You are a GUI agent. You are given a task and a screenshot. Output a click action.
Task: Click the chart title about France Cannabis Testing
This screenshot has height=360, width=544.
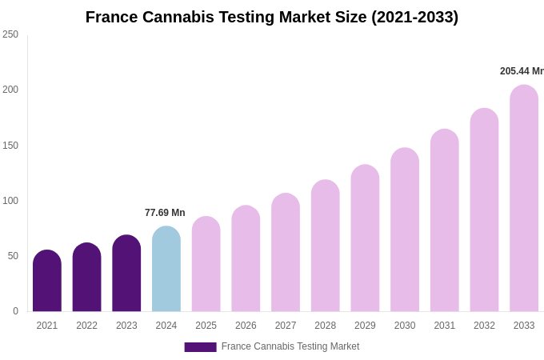tap(272, 17)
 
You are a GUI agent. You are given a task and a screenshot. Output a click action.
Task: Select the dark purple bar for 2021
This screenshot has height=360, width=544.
tap(47, 281)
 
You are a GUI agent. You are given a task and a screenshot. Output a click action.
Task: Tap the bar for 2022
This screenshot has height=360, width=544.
tap(87, 278)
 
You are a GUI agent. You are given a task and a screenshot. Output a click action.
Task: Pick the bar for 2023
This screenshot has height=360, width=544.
tap(126, 274)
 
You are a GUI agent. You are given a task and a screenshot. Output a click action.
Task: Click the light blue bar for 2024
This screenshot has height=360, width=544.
tap(166, 269)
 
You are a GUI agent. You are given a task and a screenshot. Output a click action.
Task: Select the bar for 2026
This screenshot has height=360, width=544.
tap(246, 258)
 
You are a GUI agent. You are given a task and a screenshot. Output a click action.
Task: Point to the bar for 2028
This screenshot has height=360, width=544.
tap(326, 246)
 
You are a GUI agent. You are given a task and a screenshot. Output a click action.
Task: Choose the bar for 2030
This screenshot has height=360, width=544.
tap(405, 230)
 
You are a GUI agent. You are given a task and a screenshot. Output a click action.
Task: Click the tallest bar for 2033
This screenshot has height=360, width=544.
tap(524, 198)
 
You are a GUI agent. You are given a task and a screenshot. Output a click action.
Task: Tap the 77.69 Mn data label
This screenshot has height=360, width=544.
tap(165, 213)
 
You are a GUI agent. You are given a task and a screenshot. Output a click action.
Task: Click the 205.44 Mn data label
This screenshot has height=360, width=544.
tap(522, 71)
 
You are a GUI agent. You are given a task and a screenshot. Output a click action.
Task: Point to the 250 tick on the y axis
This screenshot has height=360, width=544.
tap(10, 34)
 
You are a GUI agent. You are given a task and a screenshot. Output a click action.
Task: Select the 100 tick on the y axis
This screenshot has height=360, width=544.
tap(10, 201)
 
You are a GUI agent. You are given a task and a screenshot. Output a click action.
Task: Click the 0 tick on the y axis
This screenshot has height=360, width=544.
tap(15, 311)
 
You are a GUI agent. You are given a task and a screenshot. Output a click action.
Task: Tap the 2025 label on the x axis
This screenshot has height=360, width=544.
tap(206, 326)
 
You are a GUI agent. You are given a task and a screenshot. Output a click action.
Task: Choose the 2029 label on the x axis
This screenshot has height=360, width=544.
tap(365, 326)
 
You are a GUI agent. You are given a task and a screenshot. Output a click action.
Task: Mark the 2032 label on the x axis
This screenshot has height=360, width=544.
tap(484, 326)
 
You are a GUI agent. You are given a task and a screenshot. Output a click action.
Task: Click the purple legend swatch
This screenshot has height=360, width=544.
tap(200, 347)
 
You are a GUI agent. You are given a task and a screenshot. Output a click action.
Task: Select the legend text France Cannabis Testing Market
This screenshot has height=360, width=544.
tap(290, 346)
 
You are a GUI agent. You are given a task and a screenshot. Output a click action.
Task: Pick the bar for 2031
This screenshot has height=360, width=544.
tap(445, 220)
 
